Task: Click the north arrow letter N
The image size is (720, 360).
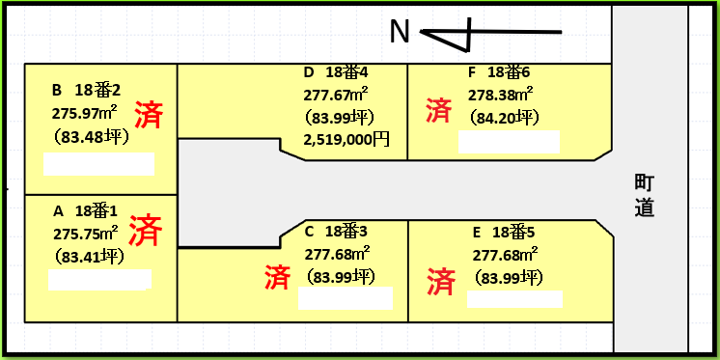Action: [401, 33]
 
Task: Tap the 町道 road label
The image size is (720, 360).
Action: [645, 194]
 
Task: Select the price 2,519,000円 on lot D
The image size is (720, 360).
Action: [346, 140]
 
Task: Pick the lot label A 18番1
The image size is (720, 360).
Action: [85, 210]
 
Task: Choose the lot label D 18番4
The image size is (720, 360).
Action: [335, 72]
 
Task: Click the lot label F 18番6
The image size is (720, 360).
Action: [498, 72]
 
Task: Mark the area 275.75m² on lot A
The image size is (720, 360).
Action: [86, 233]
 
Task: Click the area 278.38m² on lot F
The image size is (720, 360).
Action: [500, 95]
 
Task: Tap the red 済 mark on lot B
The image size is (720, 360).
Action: [148, 115]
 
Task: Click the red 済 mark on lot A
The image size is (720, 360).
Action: [145, 231]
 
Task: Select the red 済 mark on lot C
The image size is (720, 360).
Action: [277, 278]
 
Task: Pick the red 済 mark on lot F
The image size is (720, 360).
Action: [438, 110]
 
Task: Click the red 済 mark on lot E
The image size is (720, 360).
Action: [440, 282]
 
